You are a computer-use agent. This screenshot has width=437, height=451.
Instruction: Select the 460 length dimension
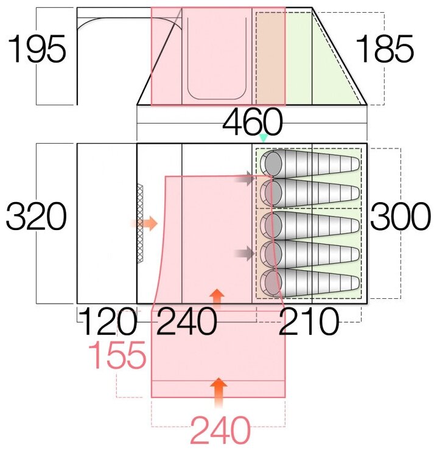click(x=253, y=124)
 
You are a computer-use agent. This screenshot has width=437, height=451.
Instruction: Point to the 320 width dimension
click(x=35, y=217)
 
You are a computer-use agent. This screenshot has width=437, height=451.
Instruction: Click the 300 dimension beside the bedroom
click(x=400, y=217)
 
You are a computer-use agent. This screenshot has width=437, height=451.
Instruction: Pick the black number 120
click(x=108, y=323)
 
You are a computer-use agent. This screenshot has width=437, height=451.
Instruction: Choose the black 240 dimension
click(x=186, y=323)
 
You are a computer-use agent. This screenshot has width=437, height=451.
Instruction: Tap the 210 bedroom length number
click(x=309, y=323)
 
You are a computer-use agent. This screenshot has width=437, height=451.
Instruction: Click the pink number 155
click(x=118, y=356)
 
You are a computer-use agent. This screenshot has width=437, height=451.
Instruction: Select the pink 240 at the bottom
click(x=220, y=431)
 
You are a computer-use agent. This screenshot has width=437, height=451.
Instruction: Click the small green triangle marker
click(x=263, y=139)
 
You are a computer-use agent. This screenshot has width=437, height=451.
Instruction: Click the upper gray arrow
click(x=246, y=179)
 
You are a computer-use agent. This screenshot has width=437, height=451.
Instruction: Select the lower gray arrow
click(x=246, y=253)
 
